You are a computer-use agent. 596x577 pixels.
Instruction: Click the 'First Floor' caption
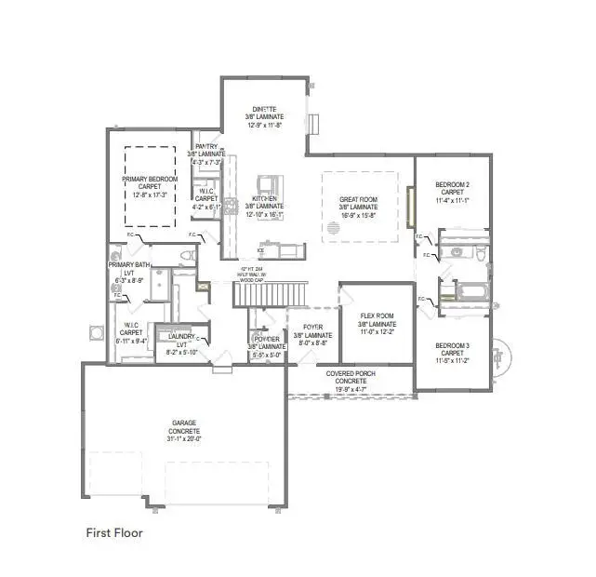[114, 533]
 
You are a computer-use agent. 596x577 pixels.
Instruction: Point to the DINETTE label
[265, 108]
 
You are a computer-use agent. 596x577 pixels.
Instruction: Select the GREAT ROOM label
[357, 198]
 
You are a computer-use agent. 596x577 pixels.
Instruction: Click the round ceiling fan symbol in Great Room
[332, 227]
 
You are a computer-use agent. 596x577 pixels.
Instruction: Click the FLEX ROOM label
[377, 315]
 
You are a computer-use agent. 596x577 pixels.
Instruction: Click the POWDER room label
[261, 339]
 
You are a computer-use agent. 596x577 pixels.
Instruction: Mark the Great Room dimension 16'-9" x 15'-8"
[357, 215]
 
